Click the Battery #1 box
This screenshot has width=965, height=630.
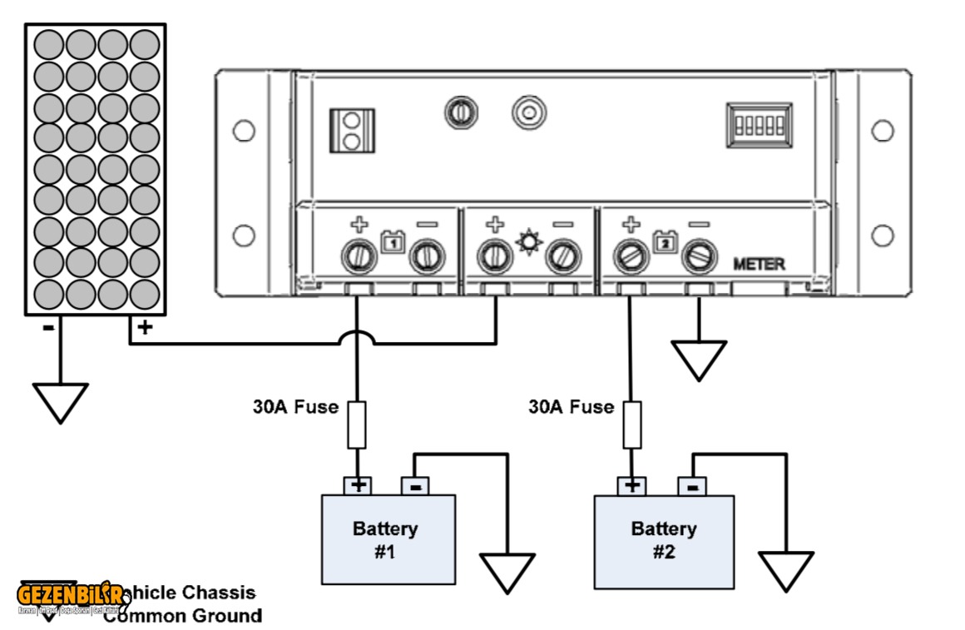(x=388, y=538)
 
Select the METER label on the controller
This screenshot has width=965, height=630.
(x=758, y=264)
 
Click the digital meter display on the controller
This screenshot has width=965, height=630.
(x=758, y=126)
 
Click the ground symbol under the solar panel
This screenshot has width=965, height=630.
(x=60, y=402)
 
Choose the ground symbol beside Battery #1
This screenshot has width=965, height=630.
(x=507, y=573)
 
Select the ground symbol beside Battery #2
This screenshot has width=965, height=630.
(x=785, y=571)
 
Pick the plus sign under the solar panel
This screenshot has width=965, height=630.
(x=145, y=327)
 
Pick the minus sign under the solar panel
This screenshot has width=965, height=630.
(x=48, y=327)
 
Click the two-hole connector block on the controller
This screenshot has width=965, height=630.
(x=351, y=131)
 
